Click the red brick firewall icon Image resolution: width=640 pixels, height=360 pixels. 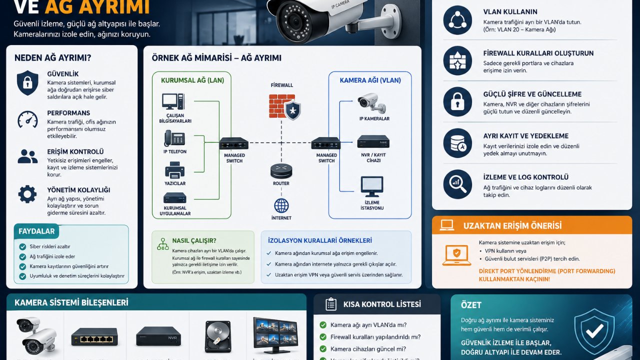282,106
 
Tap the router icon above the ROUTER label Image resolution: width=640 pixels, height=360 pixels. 281,171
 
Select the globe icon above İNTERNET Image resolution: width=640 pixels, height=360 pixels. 281,205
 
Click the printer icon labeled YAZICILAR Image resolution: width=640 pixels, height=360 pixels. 174,170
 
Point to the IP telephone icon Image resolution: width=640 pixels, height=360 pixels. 174,138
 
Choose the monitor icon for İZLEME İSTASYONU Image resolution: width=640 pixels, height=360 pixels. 371,186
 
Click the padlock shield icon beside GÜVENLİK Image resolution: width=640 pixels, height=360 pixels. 27,82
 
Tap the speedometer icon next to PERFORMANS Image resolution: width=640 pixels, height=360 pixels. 27,119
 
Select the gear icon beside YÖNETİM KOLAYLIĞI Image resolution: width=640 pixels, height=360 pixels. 27,194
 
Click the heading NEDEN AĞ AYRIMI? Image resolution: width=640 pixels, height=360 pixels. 53,58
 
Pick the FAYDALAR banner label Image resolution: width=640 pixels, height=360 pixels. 36,231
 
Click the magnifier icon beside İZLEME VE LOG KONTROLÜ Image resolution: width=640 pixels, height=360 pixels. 457,184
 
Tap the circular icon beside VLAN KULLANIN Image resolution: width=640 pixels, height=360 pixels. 457,20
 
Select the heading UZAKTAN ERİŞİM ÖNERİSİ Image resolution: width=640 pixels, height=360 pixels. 512,225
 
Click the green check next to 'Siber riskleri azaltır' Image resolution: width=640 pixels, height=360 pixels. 22,246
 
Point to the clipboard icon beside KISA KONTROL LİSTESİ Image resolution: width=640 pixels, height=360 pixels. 330,304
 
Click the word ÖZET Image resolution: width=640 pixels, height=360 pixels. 471,305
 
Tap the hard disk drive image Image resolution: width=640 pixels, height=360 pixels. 218,336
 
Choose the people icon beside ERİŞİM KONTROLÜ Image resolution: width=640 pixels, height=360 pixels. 27,156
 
